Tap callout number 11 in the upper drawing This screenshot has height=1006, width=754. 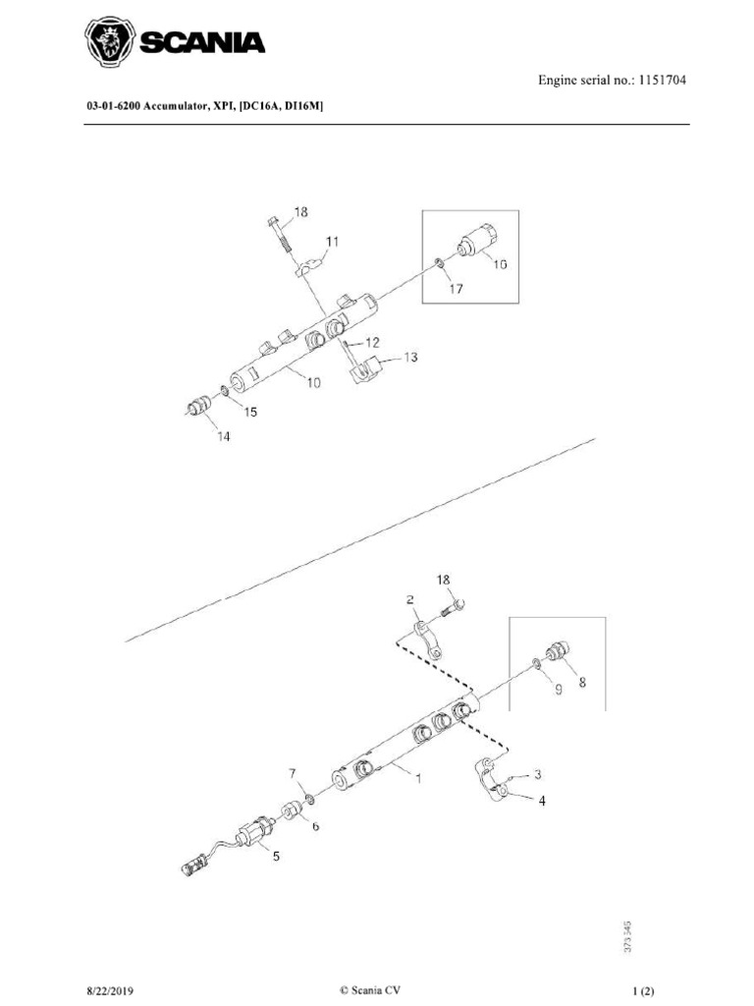333,241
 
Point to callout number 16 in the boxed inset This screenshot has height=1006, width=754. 500,264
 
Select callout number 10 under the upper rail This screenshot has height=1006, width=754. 312,383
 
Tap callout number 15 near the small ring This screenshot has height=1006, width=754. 250,413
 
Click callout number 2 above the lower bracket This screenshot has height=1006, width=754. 409,599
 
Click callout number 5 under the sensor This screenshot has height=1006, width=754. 276,856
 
